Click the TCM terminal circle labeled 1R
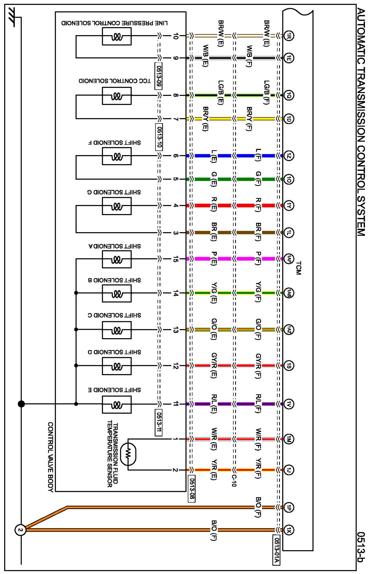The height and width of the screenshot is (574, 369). [289, 36]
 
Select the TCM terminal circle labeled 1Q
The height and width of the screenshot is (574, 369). [289, 95]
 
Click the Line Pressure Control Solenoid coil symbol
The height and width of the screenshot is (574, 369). [117, 36]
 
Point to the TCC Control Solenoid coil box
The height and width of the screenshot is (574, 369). [117, 96]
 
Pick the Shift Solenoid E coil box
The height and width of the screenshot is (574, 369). [117, 405]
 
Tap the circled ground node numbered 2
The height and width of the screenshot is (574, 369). [20, 530]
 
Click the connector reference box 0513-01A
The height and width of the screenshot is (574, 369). [276, 550]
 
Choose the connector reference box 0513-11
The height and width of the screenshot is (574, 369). [158, 422]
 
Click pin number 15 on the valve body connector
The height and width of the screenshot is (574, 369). [176, 259]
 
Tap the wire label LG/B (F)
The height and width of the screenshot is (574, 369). [267, 92]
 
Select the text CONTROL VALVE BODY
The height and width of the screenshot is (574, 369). [51, 457]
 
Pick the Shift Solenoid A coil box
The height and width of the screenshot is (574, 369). [117, 259]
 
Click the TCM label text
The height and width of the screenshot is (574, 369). [299, 268]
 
